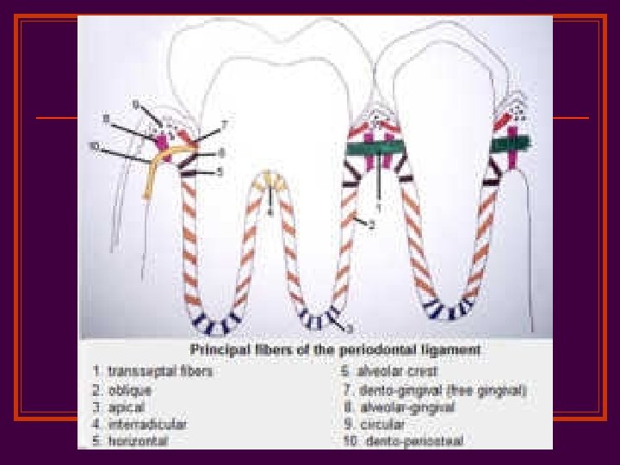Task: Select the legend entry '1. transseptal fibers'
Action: pos(153,371)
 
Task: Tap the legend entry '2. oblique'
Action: pos(124,389)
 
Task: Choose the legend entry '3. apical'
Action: pos(121,406)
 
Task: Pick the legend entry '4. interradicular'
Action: pos(139,424)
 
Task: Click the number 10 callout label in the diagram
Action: pos(95,146)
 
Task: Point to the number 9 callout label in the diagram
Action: pos(136,104)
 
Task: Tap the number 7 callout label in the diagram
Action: pos(223,126)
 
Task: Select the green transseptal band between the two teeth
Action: pos(377,149)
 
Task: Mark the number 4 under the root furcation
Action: pos(270,210)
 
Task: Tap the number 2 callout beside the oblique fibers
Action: pos(371,226)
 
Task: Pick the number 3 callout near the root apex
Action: pos(350,329)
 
